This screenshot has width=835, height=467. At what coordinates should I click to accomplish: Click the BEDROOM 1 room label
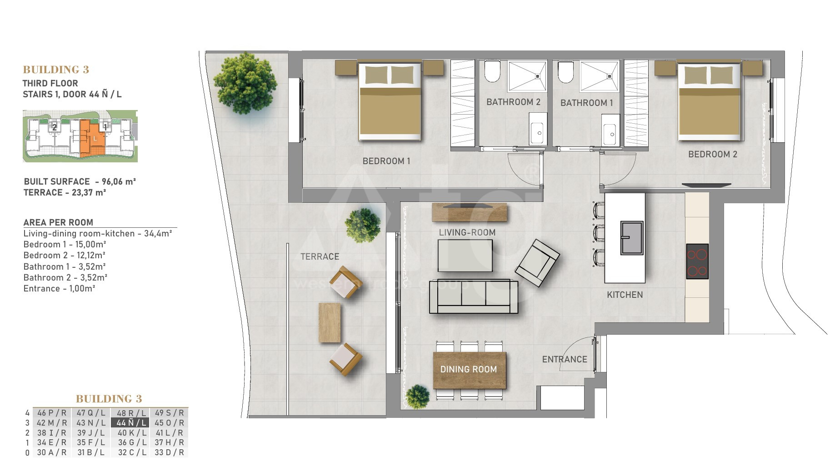(386, 161)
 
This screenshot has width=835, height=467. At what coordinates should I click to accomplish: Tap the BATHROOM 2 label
(514, 102)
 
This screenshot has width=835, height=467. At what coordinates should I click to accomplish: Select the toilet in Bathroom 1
(565, 72)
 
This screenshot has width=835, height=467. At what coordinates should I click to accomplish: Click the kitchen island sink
(632, 238)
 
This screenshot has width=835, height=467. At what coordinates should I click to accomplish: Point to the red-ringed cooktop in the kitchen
(697, 261)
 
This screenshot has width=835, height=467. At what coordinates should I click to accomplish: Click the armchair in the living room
(537, 263)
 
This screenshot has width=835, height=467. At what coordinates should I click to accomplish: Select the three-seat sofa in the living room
(474, 296)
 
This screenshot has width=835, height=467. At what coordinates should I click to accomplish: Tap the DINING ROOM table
(470, 370)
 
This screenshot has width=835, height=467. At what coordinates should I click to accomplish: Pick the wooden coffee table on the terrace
(330, 322)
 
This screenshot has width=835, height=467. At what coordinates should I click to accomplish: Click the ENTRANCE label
(565, 359)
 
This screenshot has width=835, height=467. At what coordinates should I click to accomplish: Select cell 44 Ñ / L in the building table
(130, 423)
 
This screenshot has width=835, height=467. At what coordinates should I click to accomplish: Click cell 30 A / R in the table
(52, 452)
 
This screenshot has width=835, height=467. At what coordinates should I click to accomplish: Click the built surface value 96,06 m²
(119, 181)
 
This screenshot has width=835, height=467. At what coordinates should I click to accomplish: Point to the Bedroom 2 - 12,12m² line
(65, 255)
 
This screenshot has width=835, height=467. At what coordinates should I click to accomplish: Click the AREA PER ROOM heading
(58, 222)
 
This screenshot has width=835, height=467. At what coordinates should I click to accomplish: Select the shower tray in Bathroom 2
(527, 76)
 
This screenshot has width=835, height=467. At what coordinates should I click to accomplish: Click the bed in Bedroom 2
(710, 102)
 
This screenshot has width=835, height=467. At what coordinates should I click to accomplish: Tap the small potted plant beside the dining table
(417, 397)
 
